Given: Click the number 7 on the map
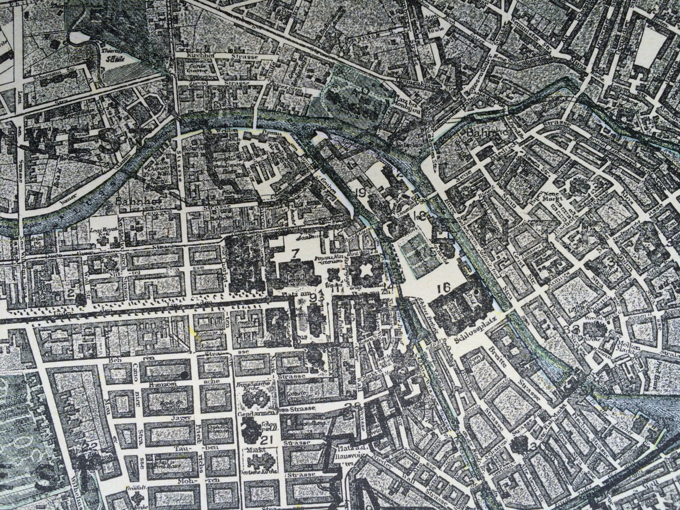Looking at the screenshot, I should tap(295, 253).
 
